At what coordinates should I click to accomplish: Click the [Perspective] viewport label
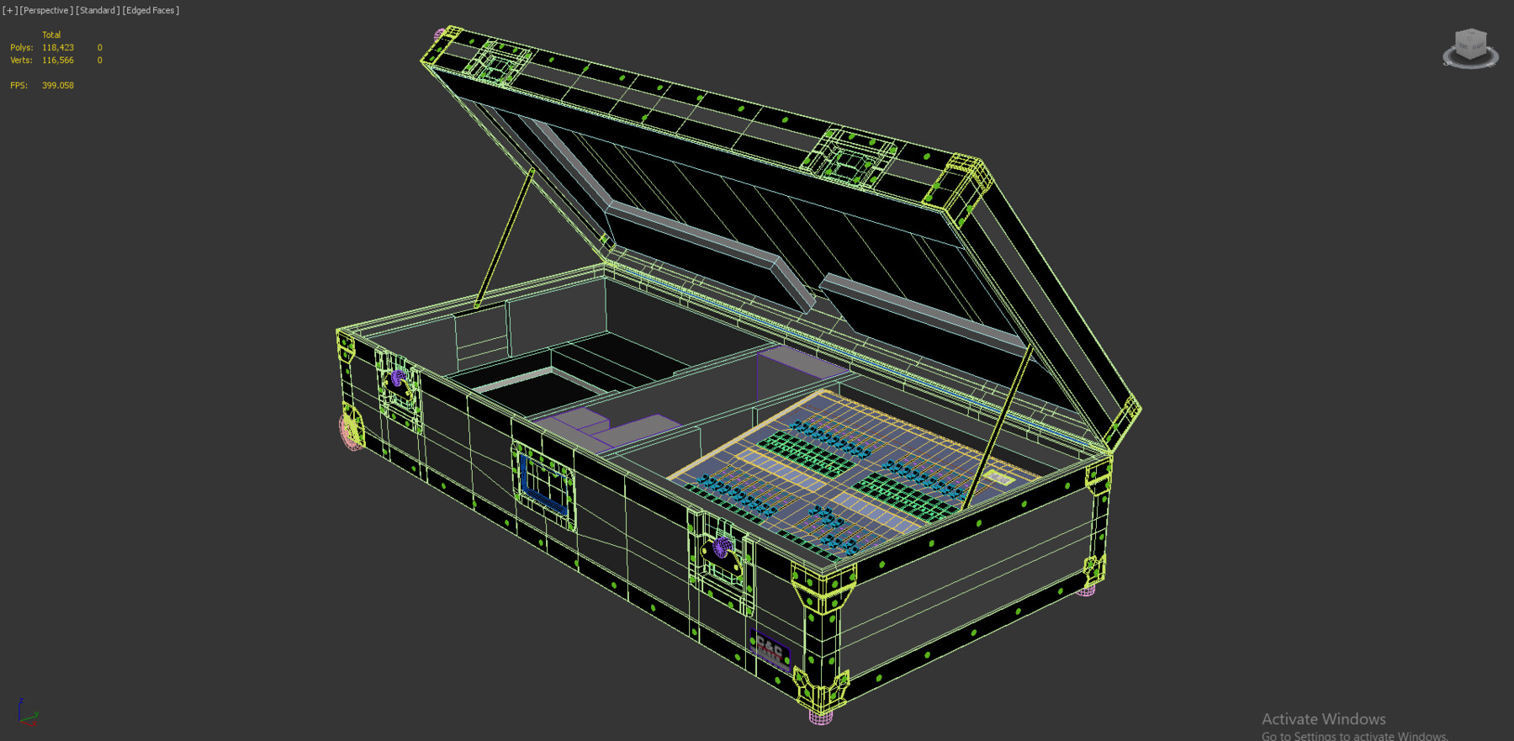click(46, 10)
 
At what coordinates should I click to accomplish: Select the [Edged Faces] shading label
click(151, 10)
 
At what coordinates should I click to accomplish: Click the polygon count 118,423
click(58, 48)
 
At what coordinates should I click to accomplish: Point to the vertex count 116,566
click(58, 61)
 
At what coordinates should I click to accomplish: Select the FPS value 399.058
click(58, 86)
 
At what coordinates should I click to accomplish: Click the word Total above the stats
click(51, 35)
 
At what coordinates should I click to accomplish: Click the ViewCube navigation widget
click(1470, 47)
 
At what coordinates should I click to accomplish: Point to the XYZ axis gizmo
click(27, 713)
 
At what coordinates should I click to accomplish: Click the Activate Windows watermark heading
click(1323, 719)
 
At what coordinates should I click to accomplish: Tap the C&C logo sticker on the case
click(770, 648)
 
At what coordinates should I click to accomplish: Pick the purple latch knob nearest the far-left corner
click(398, 378)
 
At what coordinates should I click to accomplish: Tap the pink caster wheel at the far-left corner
click(350, 429)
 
